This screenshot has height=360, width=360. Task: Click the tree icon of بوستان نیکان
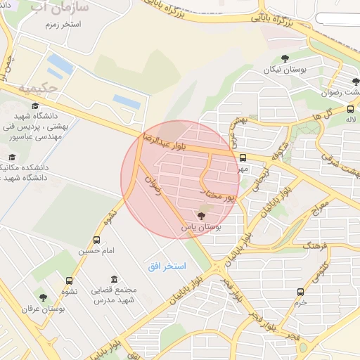[x=285, y=59]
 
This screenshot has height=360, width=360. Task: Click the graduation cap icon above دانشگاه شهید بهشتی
[x=35, y=106]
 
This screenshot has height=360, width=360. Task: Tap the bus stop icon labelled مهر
[x=243, y=157]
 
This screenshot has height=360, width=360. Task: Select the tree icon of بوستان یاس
[x=202, y=215]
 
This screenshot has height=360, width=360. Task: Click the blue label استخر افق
[x=167, y=266]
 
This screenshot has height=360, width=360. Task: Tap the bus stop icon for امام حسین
[x=97, y=240]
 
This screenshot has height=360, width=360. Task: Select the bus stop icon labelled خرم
[x=301, y=292]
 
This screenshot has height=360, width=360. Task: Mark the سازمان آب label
[x=60, y=8]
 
